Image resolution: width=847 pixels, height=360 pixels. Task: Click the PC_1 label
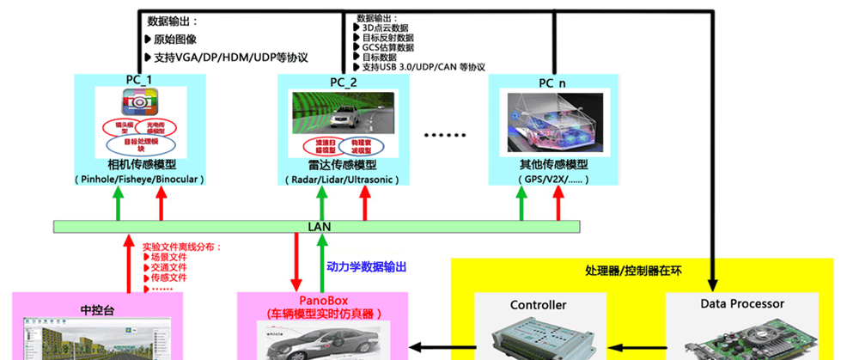pyautogui.click(x=138, y=82)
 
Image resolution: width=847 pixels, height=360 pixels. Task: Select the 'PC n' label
pyautogui.click(x=552, y=82)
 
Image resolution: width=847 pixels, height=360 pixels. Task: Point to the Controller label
pyautogui.click(x=538, y=305)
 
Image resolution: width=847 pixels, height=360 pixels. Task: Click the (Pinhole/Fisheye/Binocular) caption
pyautogui.click(x=137, y=180)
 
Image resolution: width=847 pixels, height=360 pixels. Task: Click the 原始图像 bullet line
pyautogui.click(x=177, y=40)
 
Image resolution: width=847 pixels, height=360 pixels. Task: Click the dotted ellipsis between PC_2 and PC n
pyautogui.click(x=445, y=135)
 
